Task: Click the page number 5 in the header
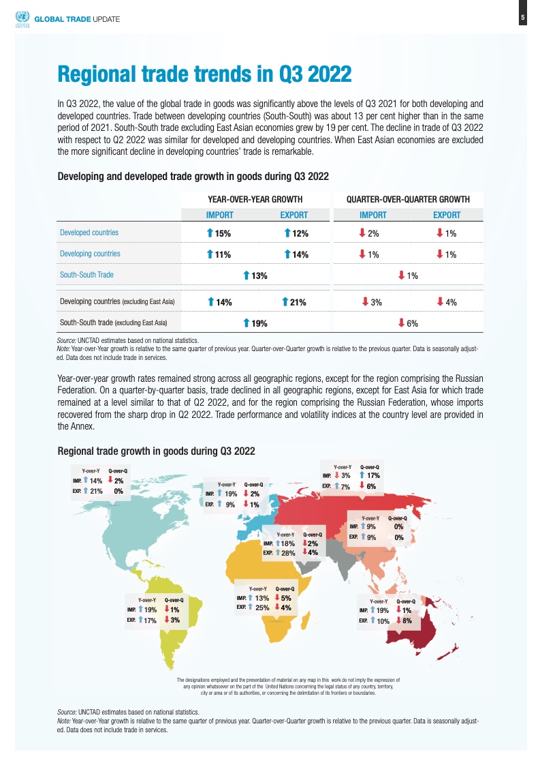(522, 18)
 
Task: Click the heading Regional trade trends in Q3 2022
(204, 74)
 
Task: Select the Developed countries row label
(89, 232)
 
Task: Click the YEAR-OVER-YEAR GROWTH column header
(255, 199)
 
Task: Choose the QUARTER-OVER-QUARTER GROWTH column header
(408, 199)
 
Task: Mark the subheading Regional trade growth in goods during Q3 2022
(157, 451)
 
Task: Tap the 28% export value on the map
(288, 553)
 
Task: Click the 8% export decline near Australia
(406, 621)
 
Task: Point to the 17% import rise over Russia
(372, 476)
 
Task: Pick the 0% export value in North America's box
(118, 490)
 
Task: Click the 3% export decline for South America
(175, 620)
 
